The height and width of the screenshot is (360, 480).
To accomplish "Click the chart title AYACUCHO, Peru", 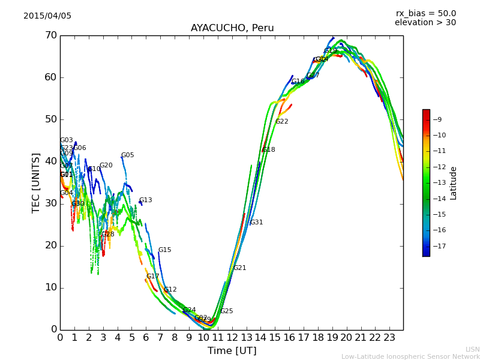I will tap(232, 28).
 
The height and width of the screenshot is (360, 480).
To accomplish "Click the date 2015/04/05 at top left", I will tap(47, 16).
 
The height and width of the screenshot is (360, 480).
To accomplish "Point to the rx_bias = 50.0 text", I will tap(425, 13).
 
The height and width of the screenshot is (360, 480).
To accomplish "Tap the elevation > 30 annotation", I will tap(425, 23).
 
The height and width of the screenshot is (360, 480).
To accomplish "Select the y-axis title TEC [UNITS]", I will tap(36, 182).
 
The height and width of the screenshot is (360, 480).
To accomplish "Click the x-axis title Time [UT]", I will tap(232, 351).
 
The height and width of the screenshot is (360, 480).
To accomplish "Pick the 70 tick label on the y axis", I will tap(50, 35).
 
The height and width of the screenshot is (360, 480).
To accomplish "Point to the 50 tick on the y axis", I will tap(50, 119).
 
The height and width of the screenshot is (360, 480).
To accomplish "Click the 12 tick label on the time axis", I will tap(232, 338).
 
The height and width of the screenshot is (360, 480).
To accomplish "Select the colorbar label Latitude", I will tap(454, 182).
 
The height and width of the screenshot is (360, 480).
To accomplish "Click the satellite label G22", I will tap(282, 122).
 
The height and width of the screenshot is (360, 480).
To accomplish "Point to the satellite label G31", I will tap(256, 223).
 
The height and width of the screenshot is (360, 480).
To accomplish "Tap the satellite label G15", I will tap(164, 250).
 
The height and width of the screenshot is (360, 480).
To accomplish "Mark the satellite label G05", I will tap(127, 155).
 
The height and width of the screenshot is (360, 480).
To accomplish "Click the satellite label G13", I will tap(145, 200).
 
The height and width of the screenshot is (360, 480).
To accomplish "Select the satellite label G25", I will tap(226, 311).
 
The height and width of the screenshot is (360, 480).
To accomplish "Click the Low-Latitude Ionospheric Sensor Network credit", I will tap(410, 356).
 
